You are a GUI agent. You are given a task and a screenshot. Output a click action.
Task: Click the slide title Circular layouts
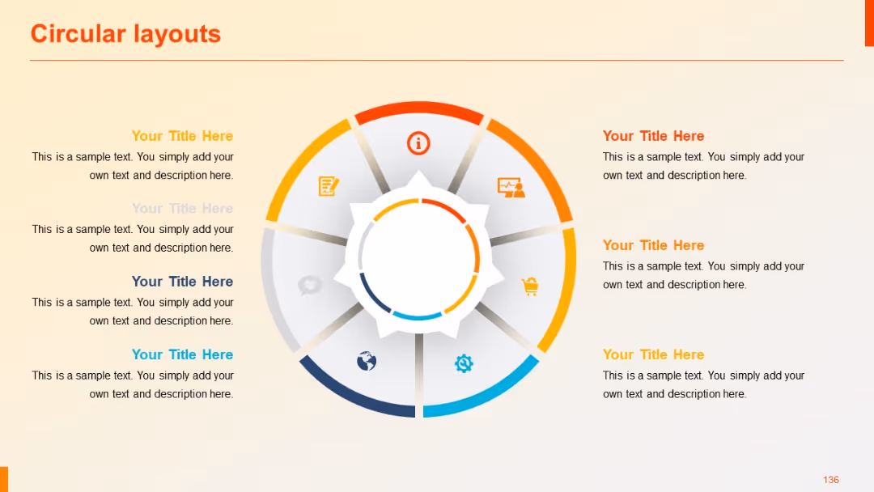click(x=125, y=34)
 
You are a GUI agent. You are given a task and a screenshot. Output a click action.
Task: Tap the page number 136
click(x=831, y=480)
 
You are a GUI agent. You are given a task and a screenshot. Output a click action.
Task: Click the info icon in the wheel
click(x=418, y=143)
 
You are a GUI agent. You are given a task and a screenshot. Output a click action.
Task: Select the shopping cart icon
click(x=530, y=286)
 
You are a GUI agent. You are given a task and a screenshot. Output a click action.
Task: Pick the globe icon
click(x=367, y=361)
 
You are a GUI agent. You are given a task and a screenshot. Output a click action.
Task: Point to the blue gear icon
click(x=464, y=363)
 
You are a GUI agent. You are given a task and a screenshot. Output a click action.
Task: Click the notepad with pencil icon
click(x=328, y=186)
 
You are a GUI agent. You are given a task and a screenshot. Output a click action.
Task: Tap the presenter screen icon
click(x=511, y=188)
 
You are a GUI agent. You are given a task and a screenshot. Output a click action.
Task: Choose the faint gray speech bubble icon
click(x=310, y=285)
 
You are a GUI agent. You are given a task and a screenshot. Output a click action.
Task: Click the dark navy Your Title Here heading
click(x=182, y=282)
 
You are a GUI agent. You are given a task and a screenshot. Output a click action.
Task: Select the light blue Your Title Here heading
click(x=182, y=354)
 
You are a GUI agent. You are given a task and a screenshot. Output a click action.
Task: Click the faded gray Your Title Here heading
click(x=182, y=209)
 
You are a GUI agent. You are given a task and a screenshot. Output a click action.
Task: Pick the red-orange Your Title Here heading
click(x=653, y=136)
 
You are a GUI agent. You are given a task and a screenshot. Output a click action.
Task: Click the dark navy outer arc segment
click(x=353, y=395)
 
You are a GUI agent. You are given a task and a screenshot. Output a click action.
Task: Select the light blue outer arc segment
click(x=486, y=394)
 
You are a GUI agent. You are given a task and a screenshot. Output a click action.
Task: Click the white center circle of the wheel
click(x=418, y=259)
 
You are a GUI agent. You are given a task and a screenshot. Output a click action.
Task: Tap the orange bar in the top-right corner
click(x=869, y=23)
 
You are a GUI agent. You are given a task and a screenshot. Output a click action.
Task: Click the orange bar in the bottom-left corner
click(x=3, y=479)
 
